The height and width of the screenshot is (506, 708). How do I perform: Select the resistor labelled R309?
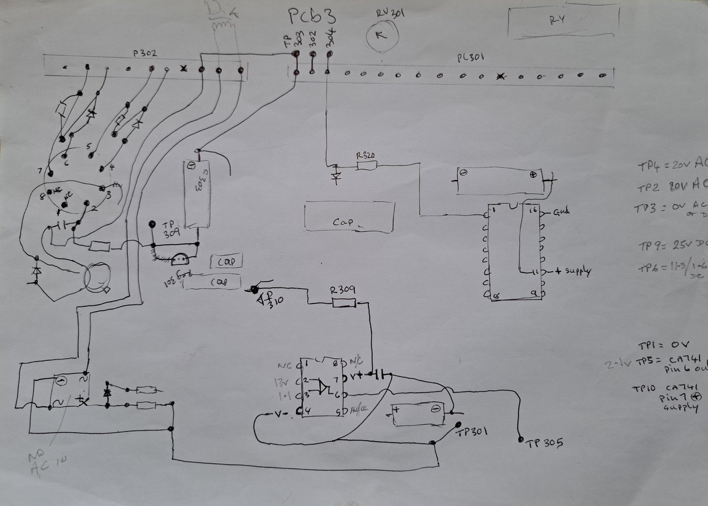tap(343, 303)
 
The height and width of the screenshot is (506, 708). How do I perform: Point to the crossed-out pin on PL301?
tap(501, 77)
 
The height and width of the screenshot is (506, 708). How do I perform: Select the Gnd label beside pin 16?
tap(561, 212)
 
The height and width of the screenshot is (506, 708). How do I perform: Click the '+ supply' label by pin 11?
tap(572, 271)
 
